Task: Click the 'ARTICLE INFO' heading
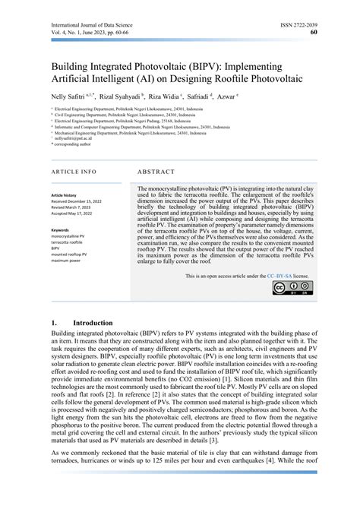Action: coord(74,172)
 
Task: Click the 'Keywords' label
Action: coord(61,229)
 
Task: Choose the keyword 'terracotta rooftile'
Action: coord(70,242)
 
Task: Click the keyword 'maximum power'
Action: coord(68,261)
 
